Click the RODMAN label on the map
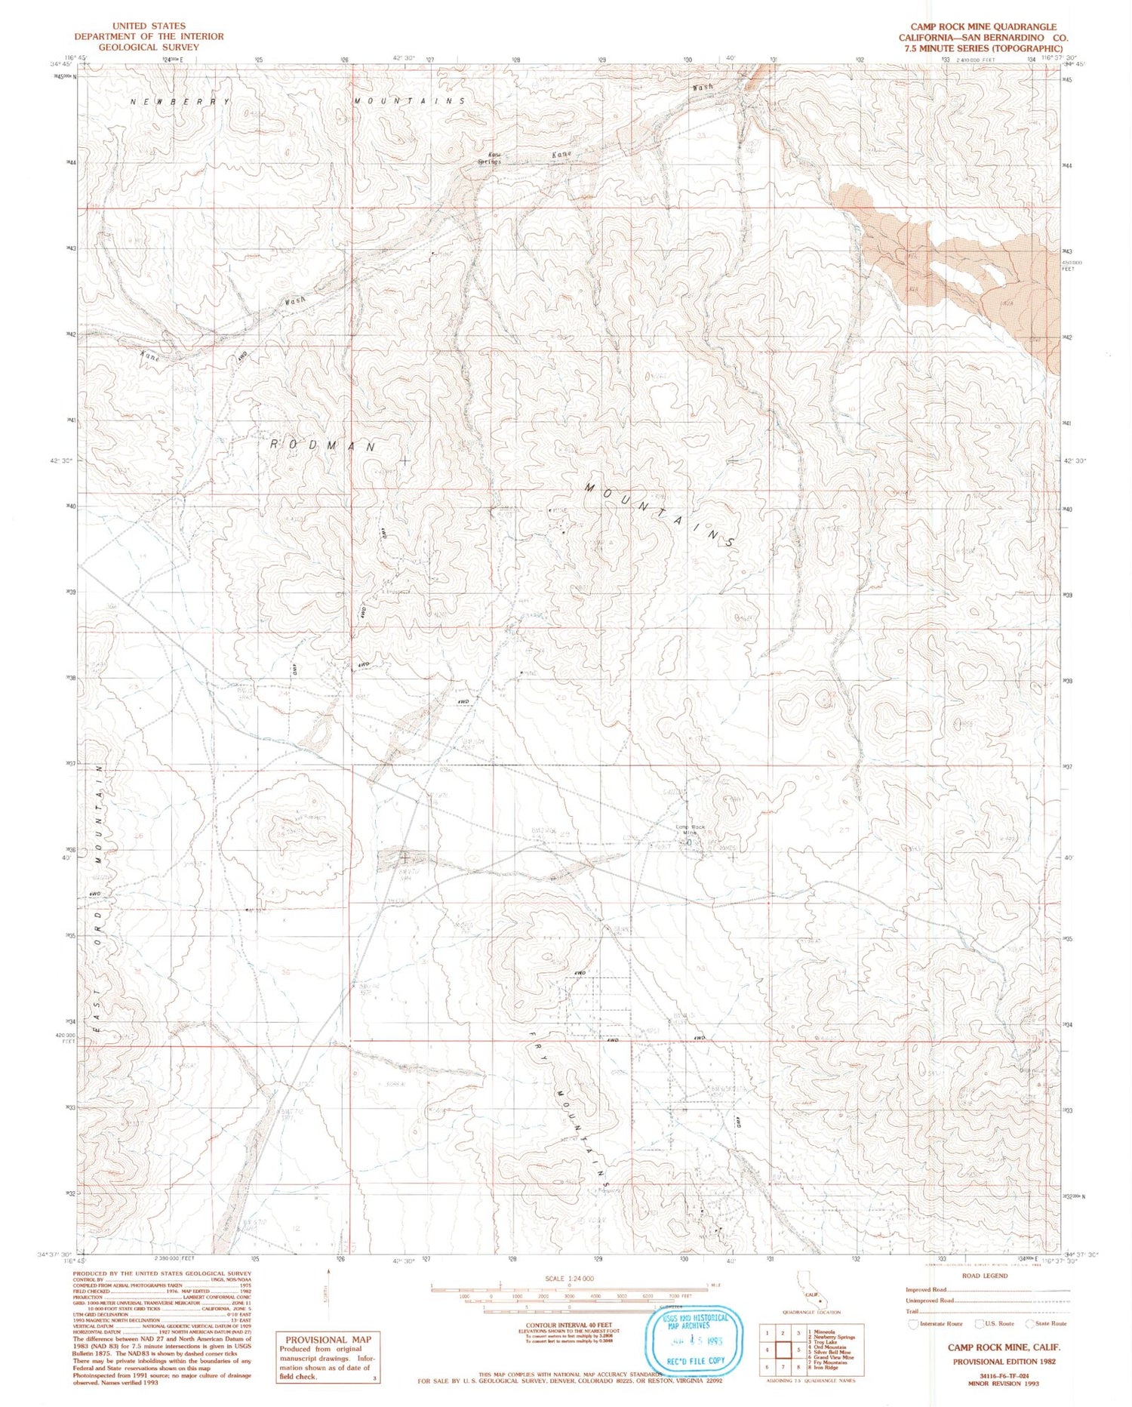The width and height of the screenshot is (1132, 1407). coord(323,446)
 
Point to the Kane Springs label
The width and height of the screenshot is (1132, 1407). coord(489,159)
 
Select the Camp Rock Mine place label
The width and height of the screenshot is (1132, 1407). coord(690,830)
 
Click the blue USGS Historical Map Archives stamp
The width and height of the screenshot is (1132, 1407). coord(693,1341)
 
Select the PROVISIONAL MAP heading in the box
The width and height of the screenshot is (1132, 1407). coord(328,1340)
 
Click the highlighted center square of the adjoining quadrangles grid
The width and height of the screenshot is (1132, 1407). coord(783,1350)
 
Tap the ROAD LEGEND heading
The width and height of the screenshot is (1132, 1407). coord(985,1276)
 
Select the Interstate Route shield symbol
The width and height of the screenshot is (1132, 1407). coord(912,1323)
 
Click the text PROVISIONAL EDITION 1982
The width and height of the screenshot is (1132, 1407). coord(1004,1362)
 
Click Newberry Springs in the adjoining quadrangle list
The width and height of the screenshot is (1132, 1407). coord(835,1337)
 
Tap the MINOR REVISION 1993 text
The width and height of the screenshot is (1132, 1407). coord(1004,1384)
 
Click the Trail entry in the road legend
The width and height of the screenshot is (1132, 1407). coord(913,1311)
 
